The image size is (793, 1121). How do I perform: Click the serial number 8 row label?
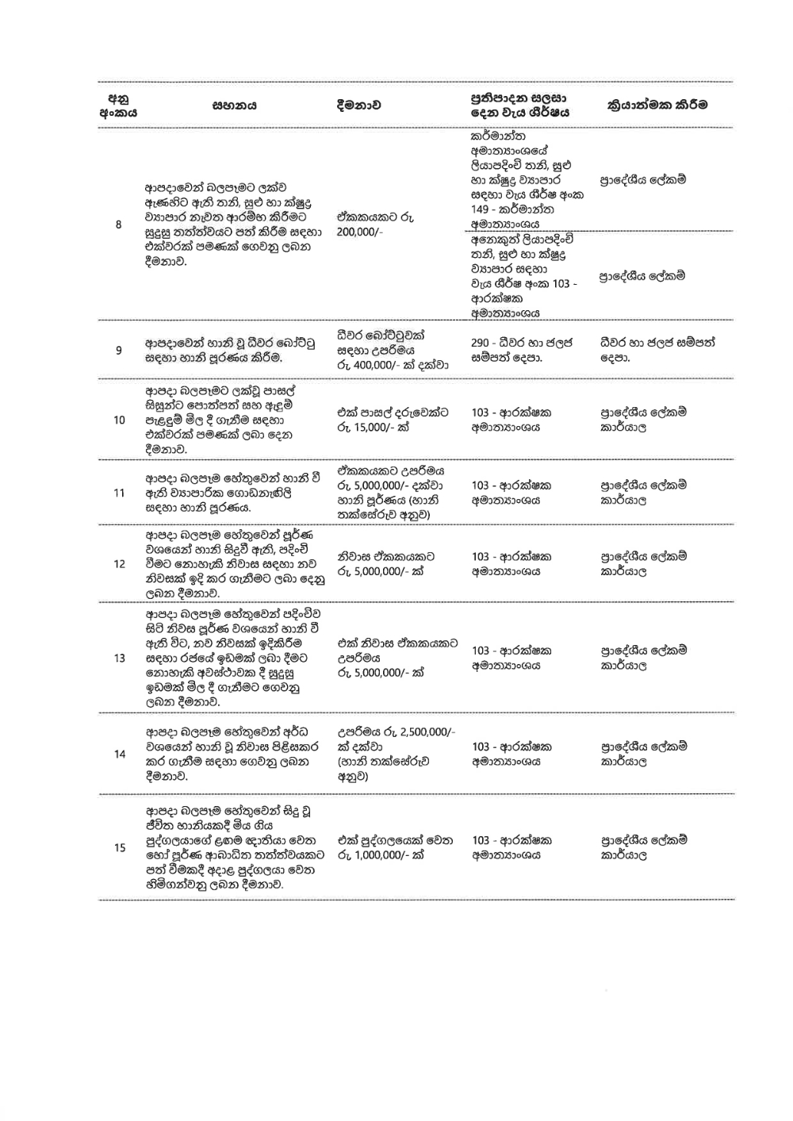click(x=119, y=225)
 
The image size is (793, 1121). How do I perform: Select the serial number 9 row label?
click(x=119, y=350)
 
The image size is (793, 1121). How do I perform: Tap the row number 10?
click(x=119, y=420)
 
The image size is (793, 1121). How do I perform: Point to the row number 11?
click(x=119, y=493)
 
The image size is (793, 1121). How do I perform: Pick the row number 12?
click(x=119, y=564)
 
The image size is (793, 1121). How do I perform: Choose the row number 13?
click(x=119, y=658)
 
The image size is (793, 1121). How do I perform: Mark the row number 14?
click(x=119, y=754)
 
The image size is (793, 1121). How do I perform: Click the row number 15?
click(x=119, y=848)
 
